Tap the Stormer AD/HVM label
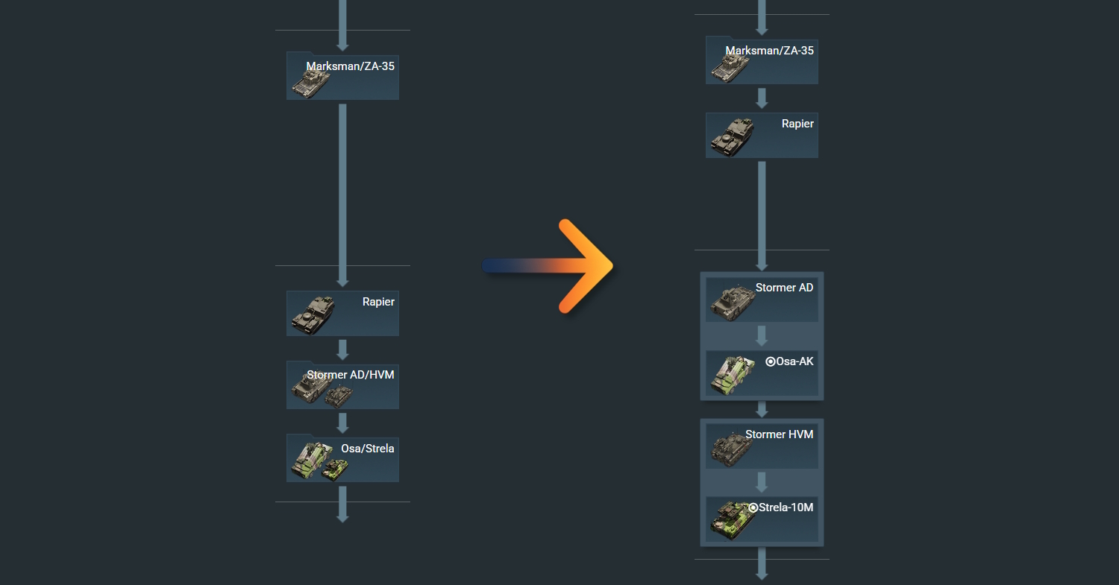click(350, 375)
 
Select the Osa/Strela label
click(367, 449)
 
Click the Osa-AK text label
click(794, 361)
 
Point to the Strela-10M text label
click(786, 507)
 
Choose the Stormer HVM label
click(779, 434)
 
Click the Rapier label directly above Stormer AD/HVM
click(378, 302)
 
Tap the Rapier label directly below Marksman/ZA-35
click(797, 124)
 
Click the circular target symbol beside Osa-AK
click(771, 361)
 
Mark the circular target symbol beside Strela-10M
click(753, 507)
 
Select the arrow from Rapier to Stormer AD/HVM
click(342, 349)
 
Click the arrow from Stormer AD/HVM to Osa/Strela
click(342, 422)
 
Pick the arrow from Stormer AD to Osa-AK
click(762, 335)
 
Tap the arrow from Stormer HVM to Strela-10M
click(762, 481)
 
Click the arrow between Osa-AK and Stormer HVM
click(762, 409)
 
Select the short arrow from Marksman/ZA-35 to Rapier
click(762, 98)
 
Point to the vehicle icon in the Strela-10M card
click(732, 520)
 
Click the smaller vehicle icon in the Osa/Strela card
click(335, 469)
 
